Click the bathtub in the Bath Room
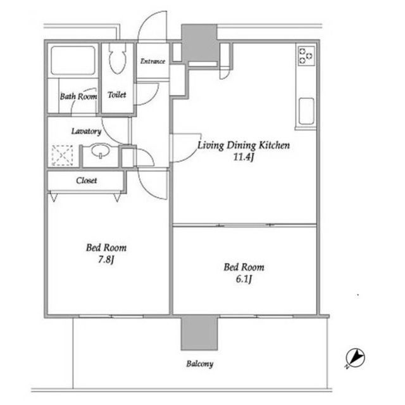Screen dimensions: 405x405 click(x=73, y=60)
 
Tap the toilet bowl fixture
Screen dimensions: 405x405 click(x=118, y=58)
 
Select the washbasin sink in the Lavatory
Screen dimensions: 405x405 click(x=100, y=150)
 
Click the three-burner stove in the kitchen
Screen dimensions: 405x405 click(x=306, y=56)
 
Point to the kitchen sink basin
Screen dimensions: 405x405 click(x=306, y=111)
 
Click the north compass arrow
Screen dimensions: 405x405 click(x=355, y=358)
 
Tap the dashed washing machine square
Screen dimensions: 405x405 click(x=62, y=155)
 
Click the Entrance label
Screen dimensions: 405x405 click(x=153, y=61)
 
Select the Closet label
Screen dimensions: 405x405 click(x=87, y=180)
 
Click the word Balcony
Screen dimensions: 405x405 click(x=200, y=364)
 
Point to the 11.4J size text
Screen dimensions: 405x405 click(x=244, y=157)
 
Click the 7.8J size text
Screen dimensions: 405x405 click(x=106, y=259)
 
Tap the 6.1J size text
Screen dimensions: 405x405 click(x=244, y=279)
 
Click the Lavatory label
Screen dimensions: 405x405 click(x=86, y=131)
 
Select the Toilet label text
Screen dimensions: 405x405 click(x=117, y=95)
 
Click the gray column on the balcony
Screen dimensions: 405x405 click(x=199, y=333)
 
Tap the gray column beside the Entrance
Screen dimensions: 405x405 click(x=199, y=42)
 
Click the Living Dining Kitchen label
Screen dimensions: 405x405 click(x=244, y=145)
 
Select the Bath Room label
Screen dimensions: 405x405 click(x=78, y=96)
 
